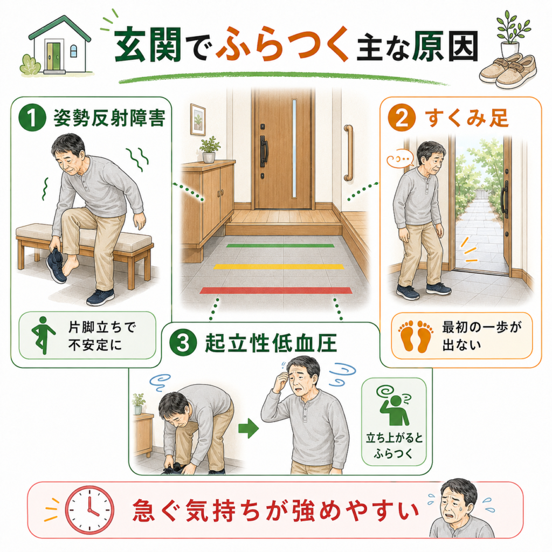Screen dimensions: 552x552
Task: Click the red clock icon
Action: [90, 510]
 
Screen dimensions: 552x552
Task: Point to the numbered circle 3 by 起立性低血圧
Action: [183, 343]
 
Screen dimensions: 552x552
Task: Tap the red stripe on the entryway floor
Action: [276, 291]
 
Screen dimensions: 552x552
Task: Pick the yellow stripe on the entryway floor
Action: [279, 266]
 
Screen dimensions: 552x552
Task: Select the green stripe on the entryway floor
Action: [280, 245]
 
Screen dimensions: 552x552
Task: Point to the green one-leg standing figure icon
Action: [43, 335]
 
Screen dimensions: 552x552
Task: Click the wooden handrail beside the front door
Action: [349, 153]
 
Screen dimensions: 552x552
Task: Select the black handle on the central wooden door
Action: [263, 151]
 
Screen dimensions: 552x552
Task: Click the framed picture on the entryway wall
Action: [198, 119]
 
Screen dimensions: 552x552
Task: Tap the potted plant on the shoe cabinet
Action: [209, 149]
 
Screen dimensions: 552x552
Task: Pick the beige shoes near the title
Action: [508, 71]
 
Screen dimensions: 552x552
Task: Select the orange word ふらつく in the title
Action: [282, 45]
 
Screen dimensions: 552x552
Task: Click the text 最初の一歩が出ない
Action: [481, 336]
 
